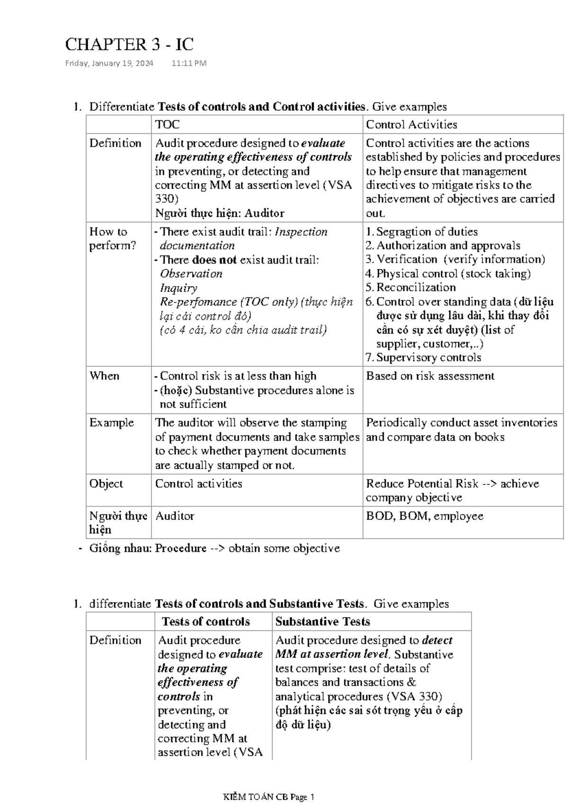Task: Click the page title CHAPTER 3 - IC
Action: (x=129, y=44)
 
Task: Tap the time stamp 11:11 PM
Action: (x=189, y=63)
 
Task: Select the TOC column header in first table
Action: (x=168, y=124)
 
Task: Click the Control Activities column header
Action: (x=411, y=124)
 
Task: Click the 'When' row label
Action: (x=104, y=376)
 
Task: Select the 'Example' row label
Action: (x=112, y=423)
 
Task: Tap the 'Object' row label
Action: (x=106, y=484)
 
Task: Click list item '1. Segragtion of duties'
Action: (x=422, y=231)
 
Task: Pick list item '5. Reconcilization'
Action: (x=411, y=287)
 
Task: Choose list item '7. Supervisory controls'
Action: (x=424, y=357)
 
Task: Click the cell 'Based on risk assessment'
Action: (x=430, y=376)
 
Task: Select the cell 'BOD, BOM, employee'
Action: (x=425, y=516)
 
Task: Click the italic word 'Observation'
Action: (x=191, y=274)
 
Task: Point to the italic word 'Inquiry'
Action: (x=178, y=288)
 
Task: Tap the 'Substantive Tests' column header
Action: (x=323, y=621)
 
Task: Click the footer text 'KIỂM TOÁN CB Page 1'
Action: (x=269, y=797)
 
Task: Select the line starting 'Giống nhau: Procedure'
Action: (x=214, y=548)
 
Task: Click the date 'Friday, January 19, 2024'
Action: (x=109, y=63)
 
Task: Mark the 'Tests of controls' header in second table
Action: (x=206, y=621)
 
